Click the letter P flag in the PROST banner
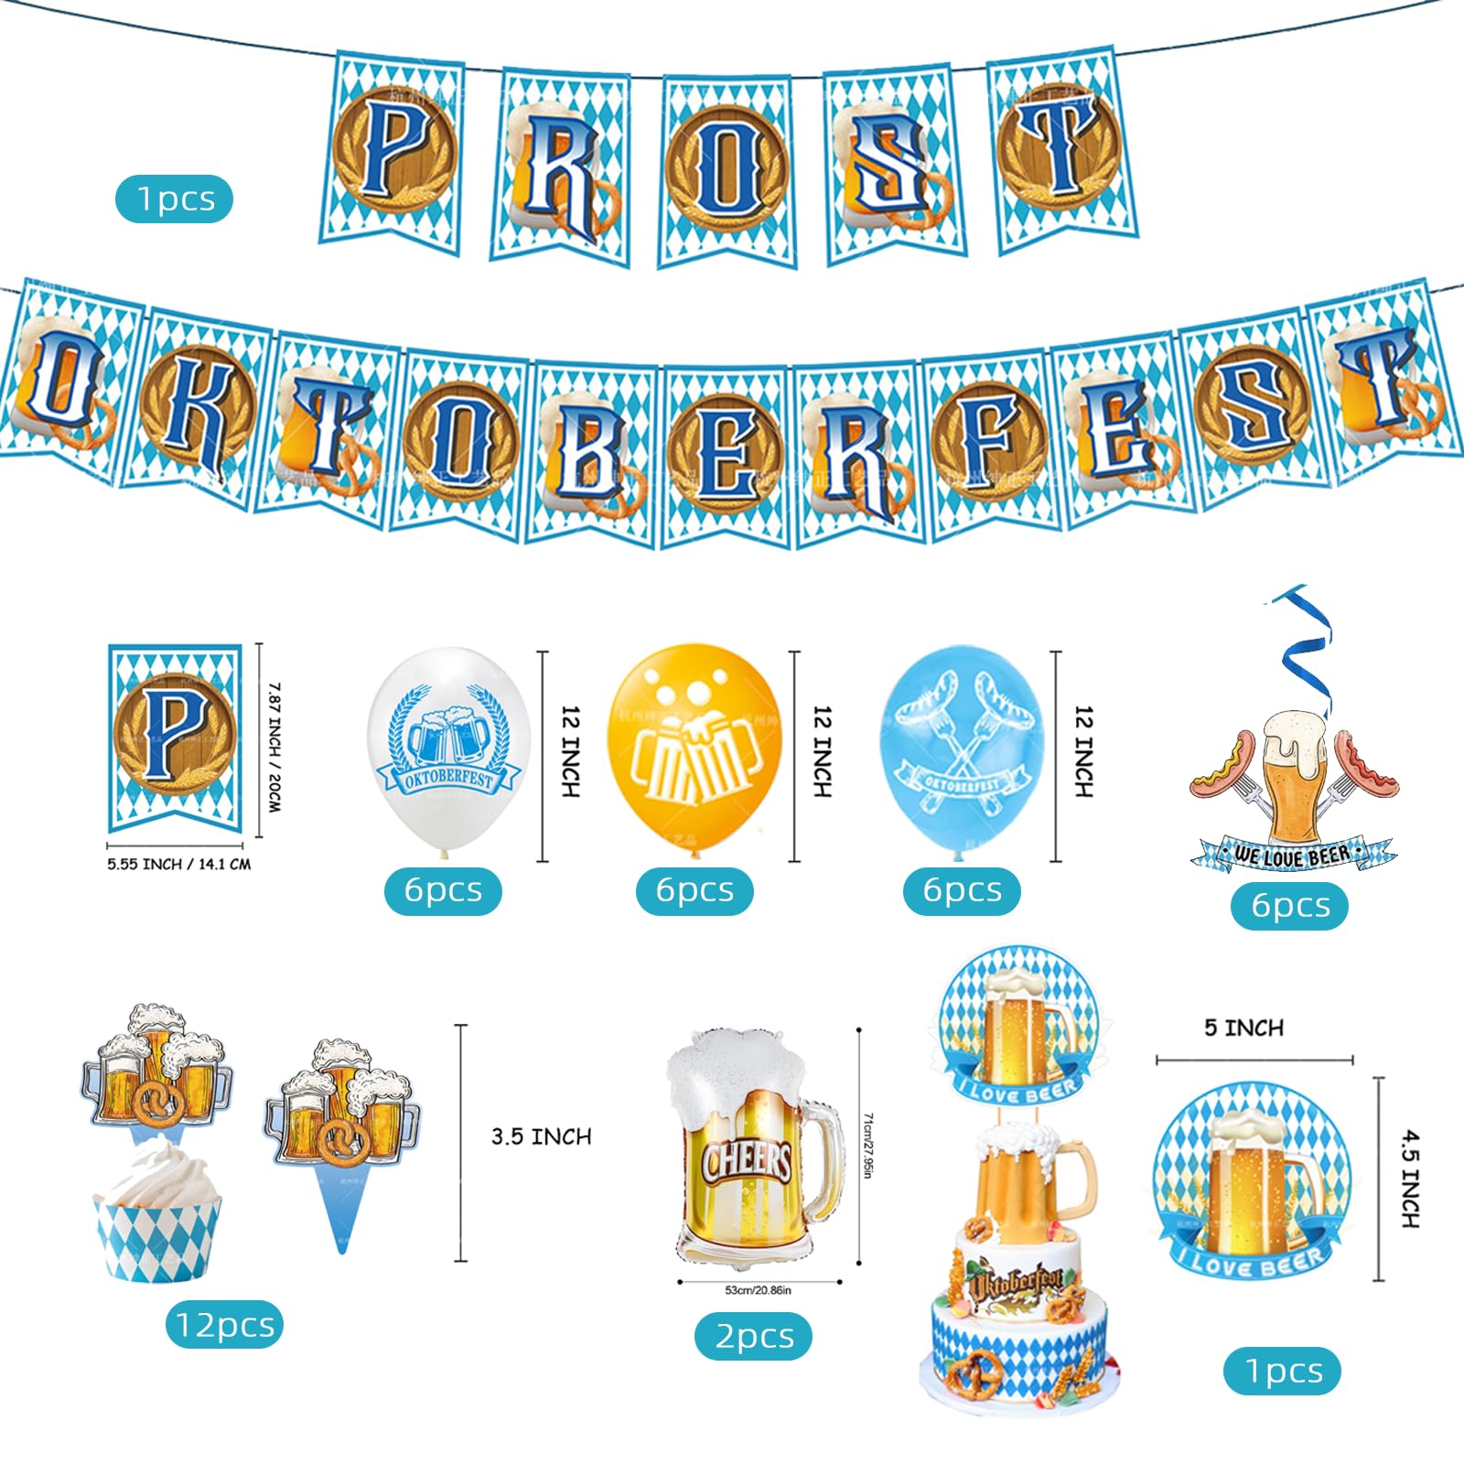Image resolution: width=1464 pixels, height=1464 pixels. tap(392, 151)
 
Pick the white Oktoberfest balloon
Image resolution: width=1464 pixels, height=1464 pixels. tap(448, 750)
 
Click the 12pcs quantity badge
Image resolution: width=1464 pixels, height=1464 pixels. tap(224, 1325)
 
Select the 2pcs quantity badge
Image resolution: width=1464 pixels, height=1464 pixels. tap(753, 1337)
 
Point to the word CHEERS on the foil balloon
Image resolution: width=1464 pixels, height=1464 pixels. tap(747, 1162)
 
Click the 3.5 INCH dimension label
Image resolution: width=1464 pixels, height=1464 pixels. tap(541, 1136)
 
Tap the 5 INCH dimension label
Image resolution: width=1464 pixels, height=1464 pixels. tap(1243, 1028)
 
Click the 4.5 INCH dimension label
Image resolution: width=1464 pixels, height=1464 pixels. tap(1410, 1178)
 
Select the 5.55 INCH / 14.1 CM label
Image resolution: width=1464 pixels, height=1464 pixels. tap(178, 864)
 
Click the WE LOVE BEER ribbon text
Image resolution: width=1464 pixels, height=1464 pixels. tap(1292, 856)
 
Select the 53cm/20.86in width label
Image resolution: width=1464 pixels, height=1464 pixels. tap(758, 1290)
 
